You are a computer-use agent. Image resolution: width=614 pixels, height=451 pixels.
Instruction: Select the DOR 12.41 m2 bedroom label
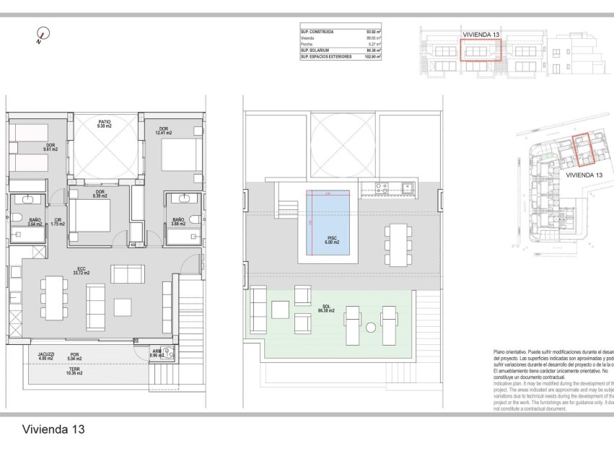(x=164, y=131)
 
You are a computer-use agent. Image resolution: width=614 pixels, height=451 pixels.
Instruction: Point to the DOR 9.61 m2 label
(x=51, y=147)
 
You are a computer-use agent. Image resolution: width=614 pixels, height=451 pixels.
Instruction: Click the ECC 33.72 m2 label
(x=82, y=271)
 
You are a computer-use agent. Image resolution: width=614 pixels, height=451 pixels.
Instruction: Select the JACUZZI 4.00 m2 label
(x=46, y=356)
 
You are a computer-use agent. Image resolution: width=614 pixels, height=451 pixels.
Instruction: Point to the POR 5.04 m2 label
(x=75, y=356)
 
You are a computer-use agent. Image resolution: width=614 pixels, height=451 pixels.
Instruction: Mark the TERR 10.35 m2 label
(x=75, y=372)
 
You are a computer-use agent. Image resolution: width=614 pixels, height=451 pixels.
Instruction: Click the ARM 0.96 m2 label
(x=157, y=354)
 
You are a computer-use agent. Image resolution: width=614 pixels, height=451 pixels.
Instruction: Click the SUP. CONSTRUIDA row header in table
(x=317, y=32)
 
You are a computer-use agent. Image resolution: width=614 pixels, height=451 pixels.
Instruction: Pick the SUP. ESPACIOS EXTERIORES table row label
(x=327, y=56)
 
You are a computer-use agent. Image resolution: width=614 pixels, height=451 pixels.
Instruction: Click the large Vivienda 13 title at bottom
(x=53, y=429)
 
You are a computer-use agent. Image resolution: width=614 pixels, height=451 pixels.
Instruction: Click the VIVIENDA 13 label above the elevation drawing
(x=481, y=34)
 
